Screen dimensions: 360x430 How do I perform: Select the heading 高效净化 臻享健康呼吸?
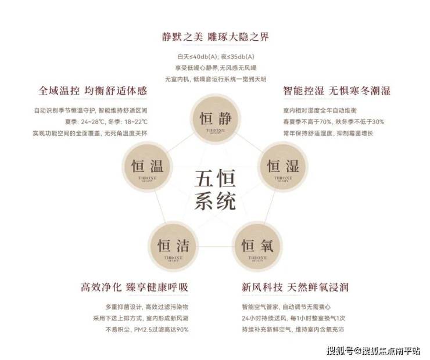pos(134,287)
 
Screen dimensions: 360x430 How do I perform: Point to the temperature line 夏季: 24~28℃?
pos(90,121)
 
